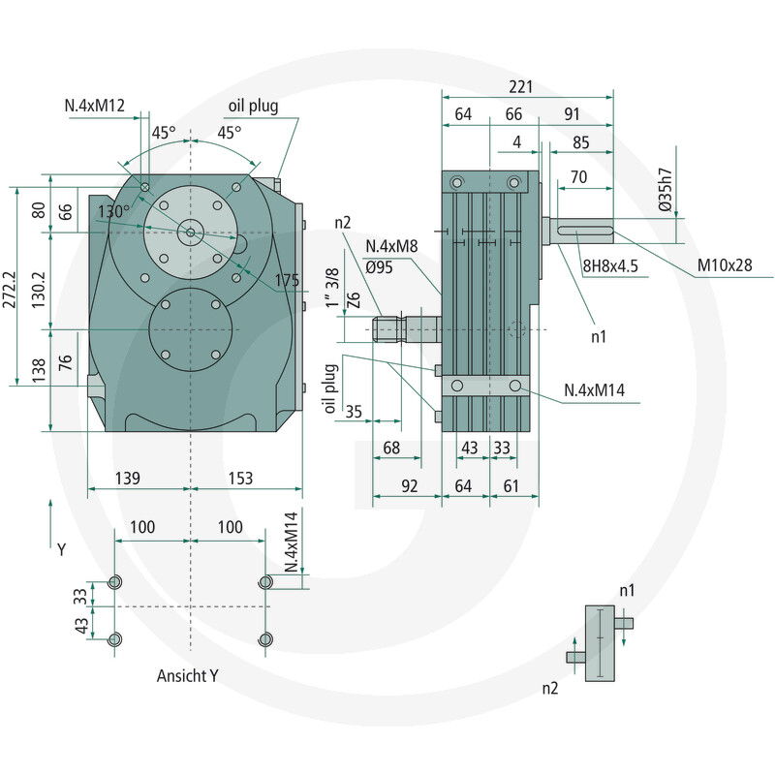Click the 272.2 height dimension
click(x=10, y=290)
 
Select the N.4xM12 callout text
click(x=94, y=106)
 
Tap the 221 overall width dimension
click(x=520, y=87)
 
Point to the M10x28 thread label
click(x=724, y=265)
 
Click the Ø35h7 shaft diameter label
click(x=666, y=190)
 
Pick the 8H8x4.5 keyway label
click(x=610, y=265)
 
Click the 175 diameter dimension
click(x=287, y=280)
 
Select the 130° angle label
click(x=113, y=211)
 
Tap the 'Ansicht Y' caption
click(x=187, y=675)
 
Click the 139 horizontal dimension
click(x=128, y=478)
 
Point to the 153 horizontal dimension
click(x=240, y=478)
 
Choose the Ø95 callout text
click(x=379, y=267)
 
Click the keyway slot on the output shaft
click(x=585, y=231)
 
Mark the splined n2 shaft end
click(x=389, y=329)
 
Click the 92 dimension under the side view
click(x=409, y=486)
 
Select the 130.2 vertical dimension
click(x=38, y=290)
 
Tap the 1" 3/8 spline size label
click(x=332, y=288)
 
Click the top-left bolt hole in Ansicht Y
click(x=114, y=582)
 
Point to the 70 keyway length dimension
click(x=578, y=176)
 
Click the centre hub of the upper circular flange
click(x=191, y=232)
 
